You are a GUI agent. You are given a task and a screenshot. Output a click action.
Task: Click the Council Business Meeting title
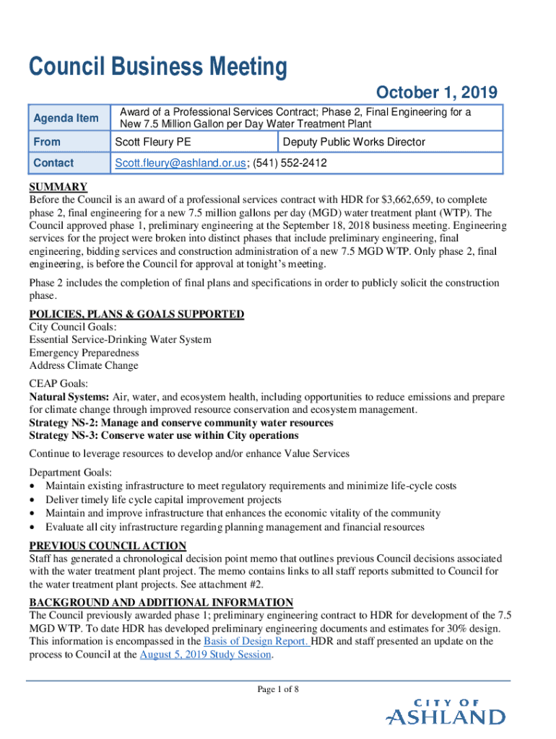pyautogui.click(x=157, y=68)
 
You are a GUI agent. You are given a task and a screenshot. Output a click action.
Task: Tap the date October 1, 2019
pyautogui.click(x=437, y=93)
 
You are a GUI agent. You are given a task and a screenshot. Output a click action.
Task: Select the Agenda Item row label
pyautogui.click(x=66, y=118)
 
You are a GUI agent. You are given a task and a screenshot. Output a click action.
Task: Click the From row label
pyautogui.click(x=47, y=142)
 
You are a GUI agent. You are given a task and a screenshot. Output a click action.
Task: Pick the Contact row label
pyautogui.click(x=53, y=164)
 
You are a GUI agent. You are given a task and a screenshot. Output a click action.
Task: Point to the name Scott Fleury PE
pyautogui.click(x=153, y=142)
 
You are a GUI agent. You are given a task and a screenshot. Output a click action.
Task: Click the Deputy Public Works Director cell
pyautogui.click(x=355, y=142)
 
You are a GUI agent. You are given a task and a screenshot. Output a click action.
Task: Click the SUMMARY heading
pyautogui.click(x=58, y=187)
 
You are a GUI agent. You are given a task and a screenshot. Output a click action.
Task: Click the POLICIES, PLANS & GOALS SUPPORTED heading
pyautogui.click(x=136, y=315)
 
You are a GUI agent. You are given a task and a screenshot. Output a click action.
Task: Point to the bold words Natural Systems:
pyautogui.click(x=69, y=397)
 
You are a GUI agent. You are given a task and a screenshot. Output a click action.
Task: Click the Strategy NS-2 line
pyautogui.click(x=181, y=423)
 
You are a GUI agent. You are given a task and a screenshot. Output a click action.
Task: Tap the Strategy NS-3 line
pyautogui.click(x=163, y=436)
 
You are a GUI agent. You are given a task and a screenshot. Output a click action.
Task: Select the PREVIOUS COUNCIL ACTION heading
pyautogui.click(x=108, y=546)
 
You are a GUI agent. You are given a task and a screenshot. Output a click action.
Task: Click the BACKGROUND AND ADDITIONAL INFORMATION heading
pyautogui.click(x=161, y=603)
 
